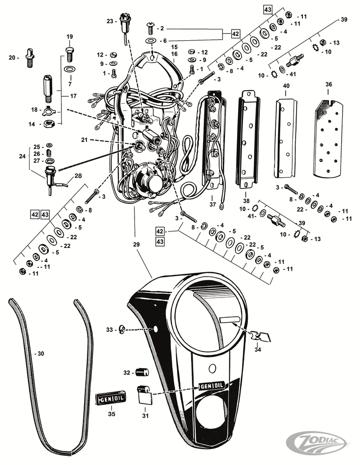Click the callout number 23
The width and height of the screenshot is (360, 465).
click(109, 21)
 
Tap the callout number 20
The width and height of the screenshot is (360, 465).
click(13, 58)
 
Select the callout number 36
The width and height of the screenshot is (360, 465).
click(329, 85)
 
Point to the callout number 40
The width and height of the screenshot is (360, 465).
click(286, 86)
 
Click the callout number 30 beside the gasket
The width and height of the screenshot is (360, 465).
click(40, 354)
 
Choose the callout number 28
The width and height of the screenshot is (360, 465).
click(78, 176)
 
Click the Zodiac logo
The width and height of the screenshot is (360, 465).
click(319, 442)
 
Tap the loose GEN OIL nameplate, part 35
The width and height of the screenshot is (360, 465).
click(111, 399)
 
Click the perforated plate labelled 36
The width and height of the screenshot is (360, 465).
click(329, 138)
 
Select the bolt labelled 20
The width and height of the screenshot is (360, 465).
click(31, 57)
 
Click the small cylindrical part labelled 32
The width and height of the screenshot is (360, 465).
click(141, 372)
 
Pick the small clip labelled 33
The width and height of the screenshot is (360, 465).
click(122, 330)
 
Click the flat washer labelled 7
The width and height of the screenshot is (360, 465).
click(69, 69)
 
